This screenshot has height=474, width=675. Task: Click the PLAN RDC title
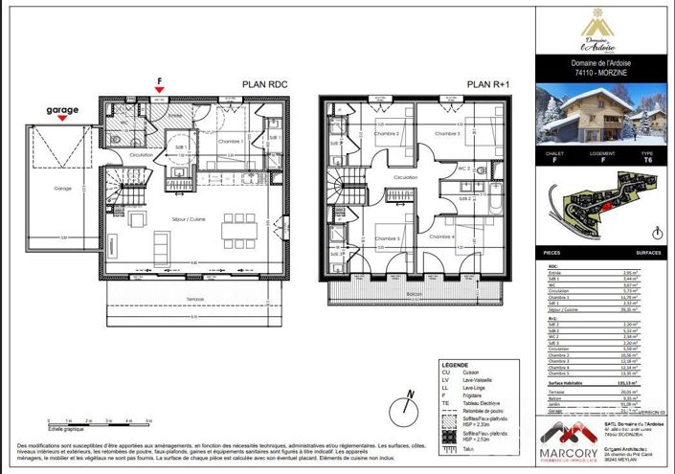pyautogui.click(x=264, y=84)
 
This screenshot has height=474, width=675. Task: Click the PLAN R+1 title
pyautogui.click(x=487, y=84)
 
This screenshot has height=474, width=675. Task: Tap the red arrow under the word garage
pyautogui.click(x=60, y=122)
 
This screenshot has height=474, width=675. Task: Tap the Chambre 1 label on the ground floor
pyautogui.click(x=227, y=141)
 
